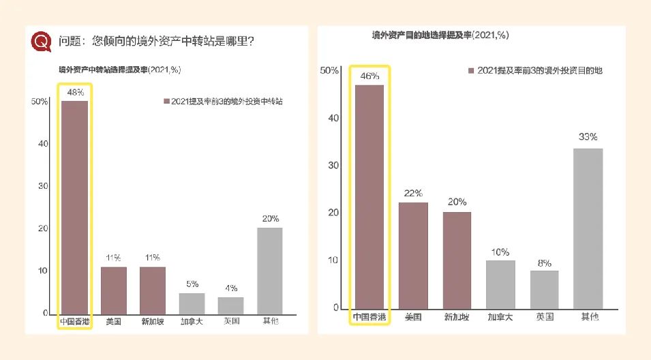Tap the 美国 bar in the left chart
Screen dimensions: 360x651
point(114,290)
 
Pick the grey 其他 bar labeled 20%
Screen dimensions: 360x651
point(269,270)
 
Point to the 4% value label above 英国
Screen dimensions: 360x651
point(230,288)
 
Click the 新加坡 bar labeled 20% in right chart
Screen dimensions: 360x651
point(457,260)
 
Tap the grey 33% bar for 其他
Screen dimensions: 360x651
point(588,228)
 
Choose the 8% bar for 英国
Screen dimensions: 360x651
point(544,289)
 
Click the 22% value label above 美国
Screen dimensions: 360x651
point(413,193)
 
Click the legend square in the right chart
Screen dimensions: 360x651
point(470,71)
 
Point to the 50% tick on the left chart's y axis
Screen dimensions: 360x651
point(39,102)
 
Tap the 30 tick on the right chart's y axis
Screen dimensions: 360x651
point(333,165)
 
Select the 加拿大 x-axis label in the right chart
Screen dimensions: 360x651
point(500,317)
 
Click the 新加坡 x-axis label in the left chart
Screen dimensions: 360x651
point(153,322)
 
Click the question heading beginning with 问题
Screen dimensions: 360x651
point(157,41)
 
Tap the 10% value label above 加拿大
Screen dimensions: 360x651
point(500,252)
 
